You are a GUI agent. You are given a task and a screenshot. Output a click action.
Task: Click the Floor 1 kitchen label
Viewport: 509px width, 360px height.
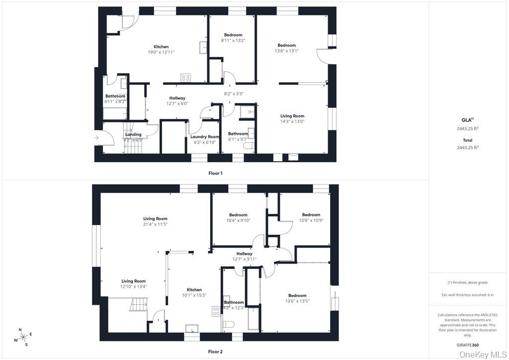(x=161, y=47)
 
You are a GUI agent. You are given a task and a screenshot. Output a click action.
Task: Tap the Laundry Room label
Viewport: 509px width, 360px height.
(x=205, y=137)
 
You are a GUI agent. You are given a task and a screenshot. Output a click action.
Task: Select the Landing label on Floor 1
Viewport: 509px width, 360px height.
(x=133, y=134)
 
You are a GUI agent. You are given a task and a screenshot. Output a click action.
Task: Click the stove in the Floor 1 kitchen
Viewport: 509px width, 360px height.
(x=186, y=78)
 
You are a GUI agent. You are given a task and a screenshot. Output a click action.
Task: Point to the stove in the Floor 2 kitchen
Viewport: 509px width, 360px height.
(x=216, y=311)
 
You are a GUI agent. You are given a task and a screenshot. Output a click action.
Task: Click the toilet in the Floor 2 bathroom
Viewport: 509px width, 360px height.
(x=229, y=324)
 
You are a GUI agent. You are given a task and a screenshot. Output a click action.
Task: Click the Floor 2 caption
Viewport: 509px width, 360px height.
(x=215, y=352)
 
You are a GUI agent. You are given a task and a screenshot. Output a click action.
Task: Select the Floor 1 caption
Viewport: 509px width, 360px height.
(x=216, y=174)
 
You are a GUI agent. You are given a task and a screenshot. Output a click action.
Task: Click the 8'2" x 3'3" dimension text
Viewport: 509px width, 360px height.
(x=234, y=94)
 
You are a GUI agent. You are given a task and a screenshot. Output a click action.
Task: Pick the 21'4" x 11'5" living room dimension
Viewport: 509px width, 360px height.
(x=155, y=224)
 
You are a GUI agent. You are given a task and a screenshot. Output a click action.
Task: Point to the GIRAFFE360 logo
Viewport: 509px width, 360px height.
(x=467, y=345)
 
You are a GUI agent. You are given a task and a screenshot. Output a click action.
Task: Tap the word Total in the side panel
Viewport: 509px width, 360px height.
(x=467, y=140)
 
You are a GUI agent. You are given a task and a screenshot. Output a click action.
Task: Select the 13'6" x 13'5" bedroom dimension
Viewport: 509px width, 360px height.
(x=297, y=301)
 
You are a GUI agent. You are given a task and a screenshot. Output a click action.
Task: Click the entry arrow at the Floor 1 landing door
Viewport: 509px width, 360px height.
(x=96, y=138)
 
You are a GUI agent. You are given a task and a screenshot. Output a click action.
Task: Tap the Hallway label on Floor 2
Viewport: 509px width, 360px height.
(x=245, y=254)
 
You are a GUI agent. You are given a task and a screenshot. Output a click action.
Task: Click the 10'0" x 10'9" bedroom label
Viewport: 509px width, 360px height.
(x=311, y=220)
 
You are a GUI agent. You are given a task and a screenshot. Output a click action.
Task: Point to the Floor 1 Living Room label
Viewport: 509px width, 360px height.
(x=292, y=116)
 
